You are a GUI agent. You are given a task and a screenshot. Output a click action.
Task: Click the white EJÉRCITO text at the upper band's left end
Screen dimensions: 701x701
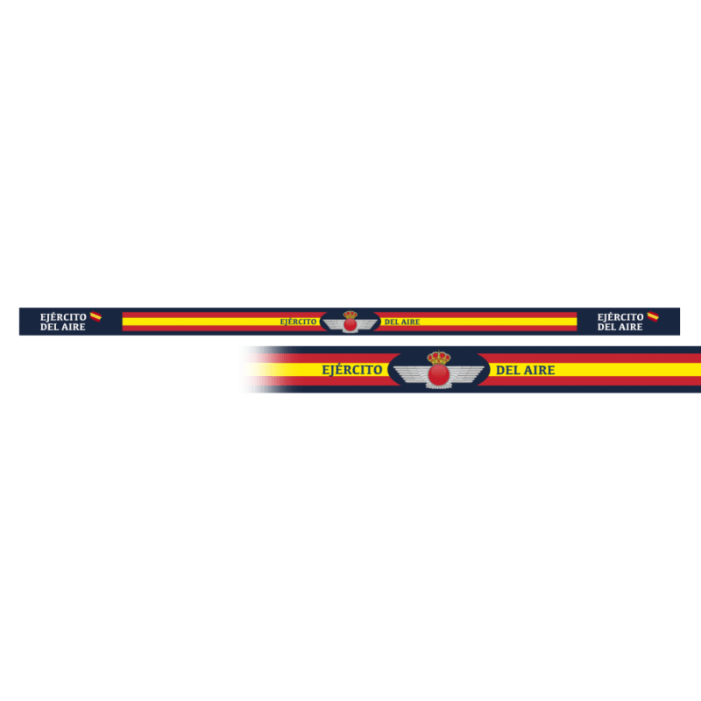click(x=63, y=317)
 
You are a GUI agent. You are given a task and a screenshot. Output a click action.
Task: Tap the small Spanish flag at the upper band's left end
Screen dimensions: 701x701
click(x=96, y=316)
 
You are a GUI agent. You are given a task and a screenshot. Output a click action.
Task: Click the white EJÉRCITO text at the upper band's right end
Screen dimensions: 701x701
click(x=620, y=317)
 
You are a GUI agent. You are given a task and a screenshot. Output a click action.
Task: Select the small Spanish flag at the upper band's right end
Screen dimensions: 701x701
click(x=653, y=316)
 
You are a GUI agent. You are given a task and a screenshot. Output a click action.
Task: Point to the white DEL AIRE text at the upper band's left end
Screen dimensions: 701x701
click(x=63, y=328)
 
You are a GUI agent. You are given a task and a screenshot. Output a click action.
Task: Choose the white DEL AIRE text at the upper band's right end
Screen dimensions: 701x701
click(x=620, y=328)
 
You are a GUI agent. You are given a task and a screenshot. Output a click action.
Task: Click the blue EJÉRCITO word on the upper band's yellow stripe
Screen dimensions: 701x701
click(x=298, y=322)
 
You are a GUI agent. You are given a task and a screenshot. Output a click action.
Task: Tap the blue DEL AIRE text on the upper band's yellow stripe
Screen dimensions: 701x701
click(x=402, y=322)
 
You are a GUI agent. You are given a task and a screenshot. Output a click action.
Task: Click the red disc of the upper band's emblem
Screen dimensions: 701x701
click(x=350, y=324)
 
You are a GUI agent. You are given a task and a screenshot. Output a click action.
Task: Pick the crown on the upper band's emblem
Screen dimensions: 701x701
click(x=350, y=315)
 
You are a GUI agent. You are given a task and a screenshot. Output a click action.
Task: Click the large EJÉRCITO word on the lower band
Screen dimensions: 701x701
click(x=352, y=370)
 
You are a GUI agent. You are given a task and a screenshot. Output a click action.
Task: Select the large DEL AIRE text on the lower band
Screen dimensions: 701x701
click(x=526, y=370)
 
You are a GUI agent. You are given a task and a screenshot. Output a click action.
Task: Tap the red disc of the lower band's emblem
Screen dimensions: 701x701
click(x=439, y=375)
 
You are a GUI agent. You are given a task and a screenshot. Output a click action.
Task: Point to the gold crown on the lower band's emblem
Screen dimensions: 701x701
click(x=439, y=358)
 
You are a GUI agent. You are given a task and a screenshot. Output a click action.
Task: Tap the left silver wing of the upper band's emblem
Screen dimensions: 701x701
click(x=334, y=324)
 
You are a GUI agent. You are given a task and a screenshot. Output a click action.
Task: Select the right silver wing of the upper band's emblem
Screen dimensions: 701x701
click(x=367, y=324)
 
